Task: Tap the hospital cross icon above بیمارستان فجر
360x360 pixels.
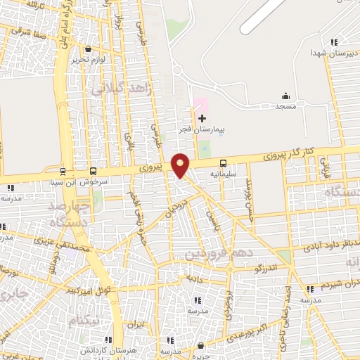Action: click(202, 118)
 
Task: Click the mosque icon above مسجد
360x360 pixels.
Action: click(285, 96)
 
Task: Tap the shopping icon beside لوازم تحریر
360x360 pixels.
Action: click(88, 49)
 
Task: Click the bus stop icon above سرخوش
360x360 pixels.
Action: click(94, 171)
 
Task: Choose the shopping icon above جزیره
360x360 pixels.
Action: click(202, 345)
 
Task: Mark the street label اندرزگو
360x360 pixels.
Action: click(270, 268)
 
